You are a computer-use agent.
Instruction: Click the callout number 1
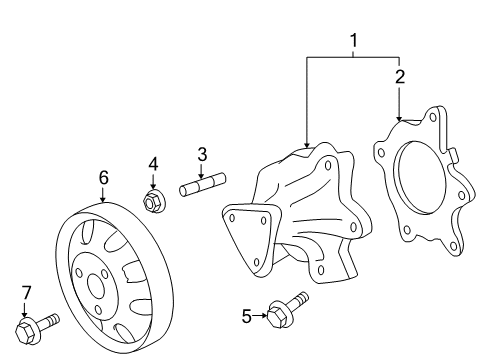click(352, 41)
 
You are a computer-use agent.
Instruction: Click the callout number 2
click(399, 76)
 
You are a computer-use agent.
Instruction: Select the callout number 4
click(153, 163)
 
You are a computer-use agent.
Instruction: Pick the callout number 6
click(102, 176)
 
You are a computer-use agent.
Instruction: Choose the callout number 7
click(26, 292)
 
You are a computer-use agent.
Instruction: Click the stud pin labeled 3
click(203, 187)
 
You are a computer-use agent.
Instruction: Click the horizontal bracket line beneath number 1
click(352, 57)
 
